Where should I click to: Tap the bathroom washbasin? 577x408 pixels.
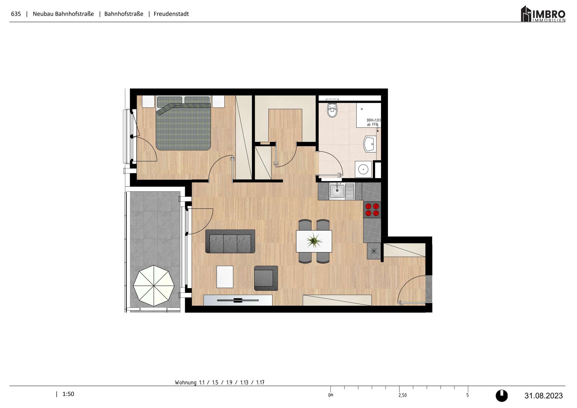click(370, 144)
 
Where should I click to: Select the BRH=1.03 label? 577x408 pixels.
click(373, 120)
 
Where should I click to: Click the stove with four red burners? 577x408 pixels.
click(372, 210)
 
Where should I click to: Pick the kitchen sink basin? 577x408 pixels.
click(337, 191)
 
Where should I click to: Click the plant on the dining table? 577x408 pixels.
click(314, 241)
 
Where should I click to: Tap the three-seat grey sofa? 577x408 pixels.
click(230, 242)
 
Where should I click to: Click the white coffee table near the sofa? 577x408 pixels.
click(225, 277)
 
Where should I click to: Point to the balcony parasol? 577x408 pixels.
click(154, 285)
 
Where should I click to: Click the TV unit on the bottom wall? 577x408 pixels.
click(238, 300)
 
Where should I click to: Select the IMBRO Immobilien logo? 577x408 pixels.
click(543, 14)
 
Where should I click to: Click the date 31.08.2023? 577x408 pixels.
click(543, 396)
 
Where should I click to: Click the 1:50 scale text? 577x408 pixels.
click(68, 394)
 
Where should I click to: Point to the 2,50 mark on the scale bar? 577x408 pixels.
click(402, 395)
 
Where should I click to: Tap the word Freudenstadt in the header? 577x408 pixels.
click(171, 14)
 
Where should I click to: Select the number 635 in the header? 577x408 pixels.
click(16, 14)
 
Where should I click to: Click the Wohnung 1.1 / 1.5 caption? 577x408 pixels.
click(219, 382)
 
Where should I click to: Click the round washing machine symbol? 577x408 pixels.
click(363, 169)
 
